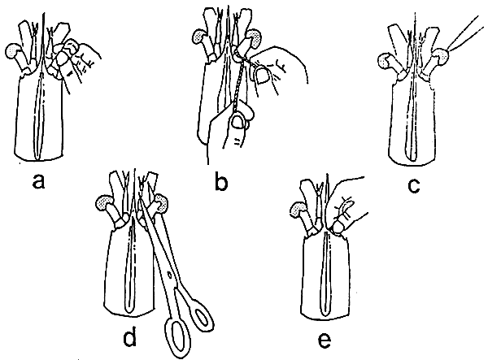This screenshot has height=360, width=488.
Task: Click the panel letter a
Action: click(38, 181)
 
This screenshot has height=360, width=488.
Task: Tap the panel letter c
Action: click(414, 185)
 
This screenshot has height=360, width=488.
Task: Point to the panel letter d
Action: click(130, 336)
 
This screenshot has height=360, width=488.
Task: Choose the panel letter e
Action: click(325, 340)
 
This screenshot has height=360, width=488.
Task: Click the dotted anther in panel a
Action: click(12, 51)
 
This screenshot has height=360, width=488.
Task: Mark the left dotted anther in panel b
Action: click(199, 36)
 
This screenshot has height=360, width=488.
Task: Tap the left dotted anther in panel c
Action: click(386, 61)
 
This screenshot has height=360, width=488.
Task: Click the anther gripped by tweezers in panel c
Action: click(442, 56)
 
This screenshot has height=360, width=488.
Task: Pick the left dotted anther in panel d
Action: click(104, 203)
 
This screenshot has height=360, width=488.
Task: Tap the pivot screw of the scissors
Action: click(170, 275)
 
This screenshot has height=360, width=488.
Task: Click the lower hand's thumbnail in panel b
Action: click(238, 122)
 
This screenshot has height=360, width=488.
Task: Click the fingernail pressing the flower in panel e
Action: click(337, 228)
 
